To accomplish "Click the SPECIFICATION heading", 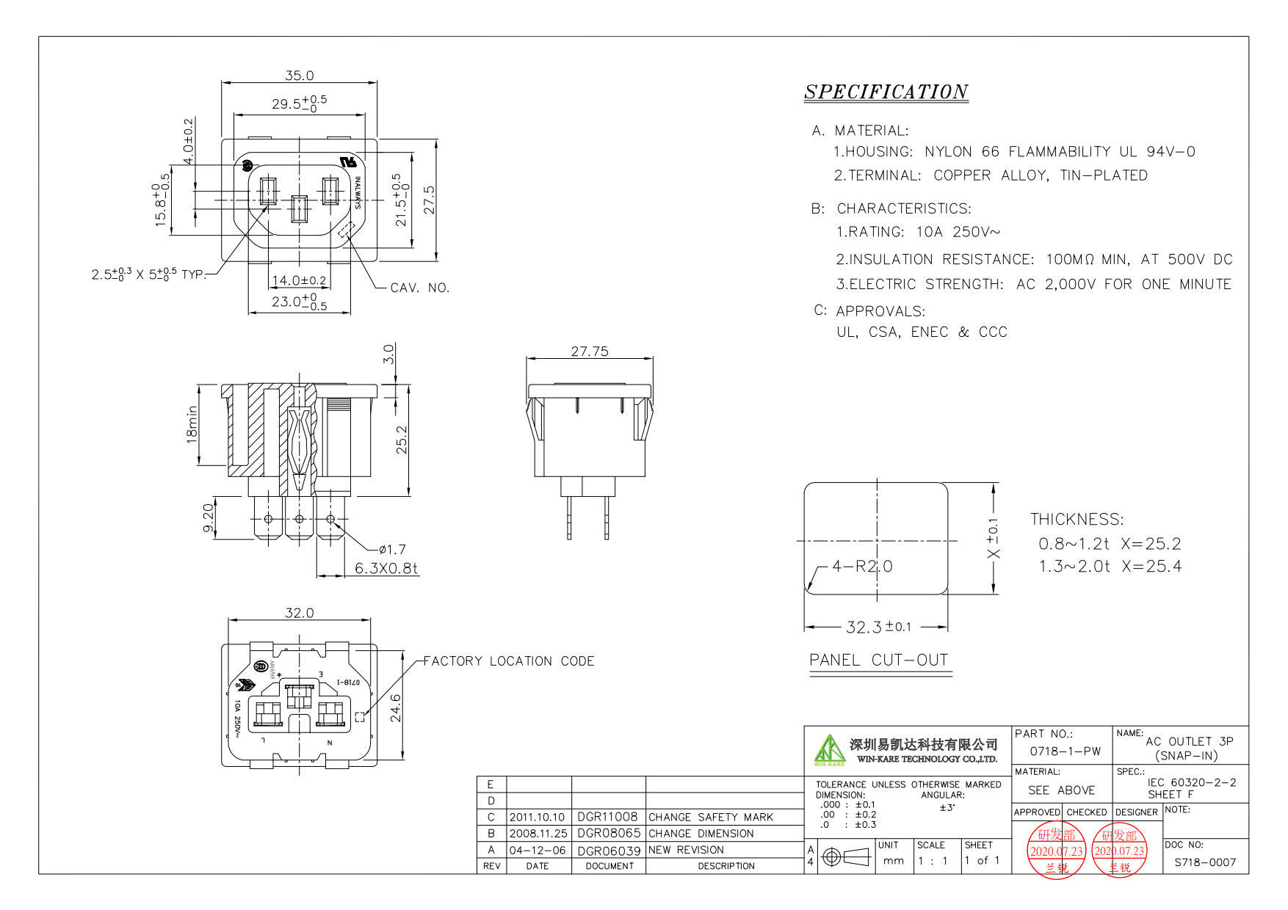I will (x=886, y=92).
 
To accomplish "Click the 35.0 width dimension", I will (x=299, y=76).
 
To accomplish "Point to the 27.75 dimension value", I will (x=590, y=352).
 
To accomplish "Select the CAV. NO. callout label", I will (x=419, y=288).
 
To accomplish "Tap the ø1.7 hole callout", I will (x=392, y=549).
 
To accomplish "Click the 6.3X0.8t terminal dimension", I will (x=386, y=568).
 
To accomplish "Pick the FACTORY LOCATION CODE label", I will (x=509, y=661).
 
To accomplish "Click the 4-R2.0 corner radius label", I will (x=862, y=566).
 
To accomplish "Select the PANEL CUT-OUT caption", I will (x=879, y=660).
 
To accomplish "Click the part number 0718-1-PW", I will (x=1065, y=751).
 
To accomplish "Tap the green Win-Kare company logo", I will (x=829, y=750).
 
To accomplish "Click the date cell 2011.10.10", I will (x=537, y=817).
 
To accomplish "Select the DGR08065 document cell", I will (x=609, y=834).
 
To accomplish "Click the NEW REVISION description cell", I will (x=686, y=850).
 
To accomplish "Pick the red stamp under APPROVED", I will (x=1056, y=851).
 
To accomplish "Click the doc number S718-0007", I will (x=1205, y=862).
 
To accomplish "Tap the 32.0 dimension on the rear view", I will (x=299, y=613).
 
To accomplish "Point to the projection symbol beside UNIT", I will (x=846, y=856).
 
